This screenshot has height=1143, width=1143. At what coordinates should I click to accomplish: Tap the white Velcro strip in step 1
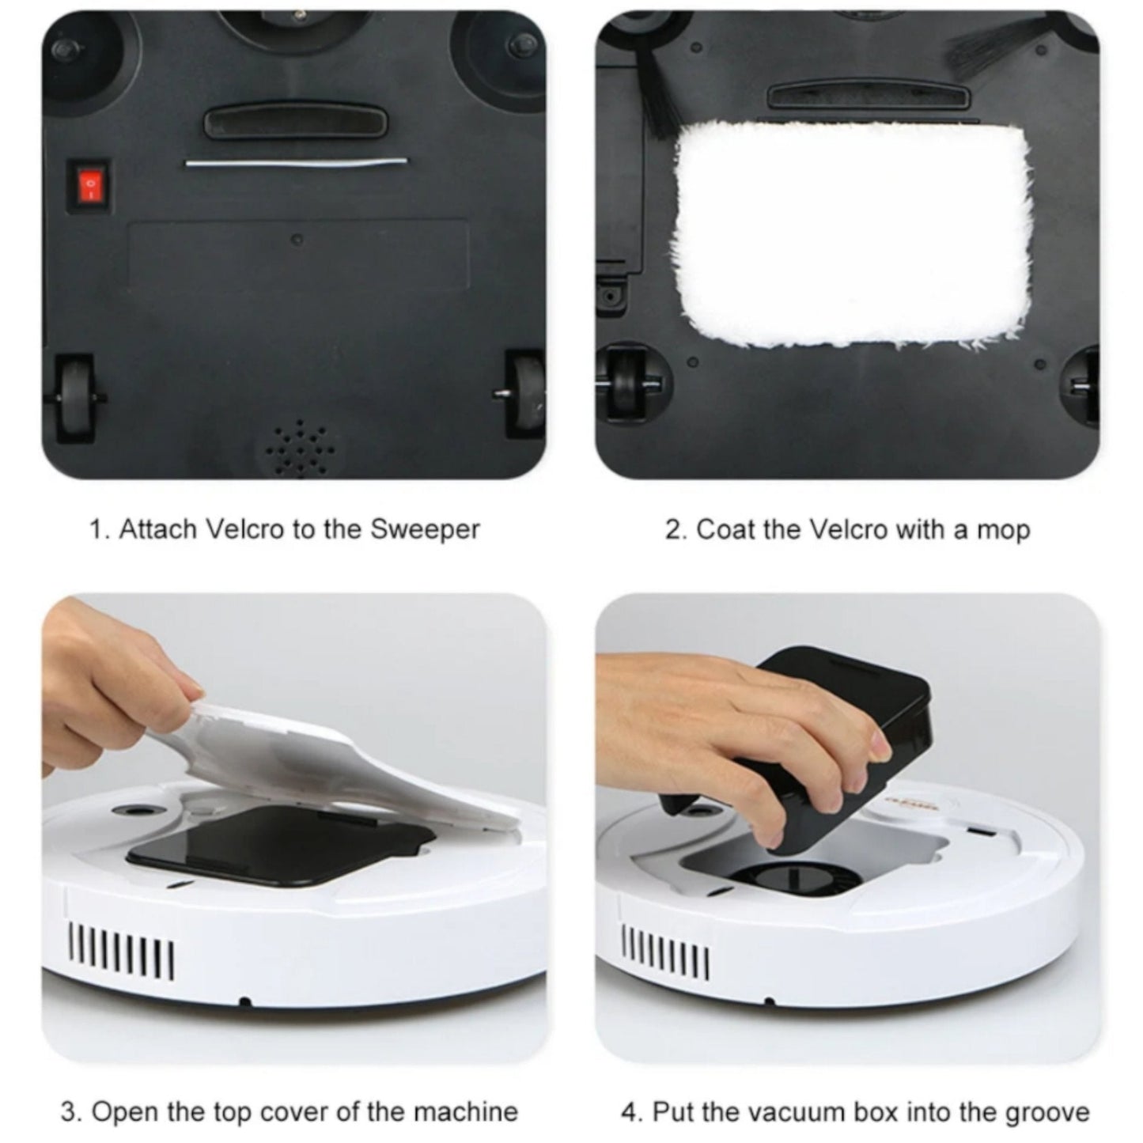coord(297,162)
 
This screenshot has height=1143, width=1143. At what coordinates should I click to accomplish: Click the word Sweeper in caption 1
coord(425,530)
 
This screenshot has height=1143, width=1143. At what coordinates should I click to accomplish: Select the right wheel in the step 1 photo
coord(525,392)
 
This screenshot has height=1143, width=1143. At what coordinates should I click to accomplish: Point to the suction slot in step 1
coord(295,122)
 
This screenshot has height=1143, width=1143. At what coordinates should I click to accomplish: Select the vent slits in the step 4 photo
coord(665,949)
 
